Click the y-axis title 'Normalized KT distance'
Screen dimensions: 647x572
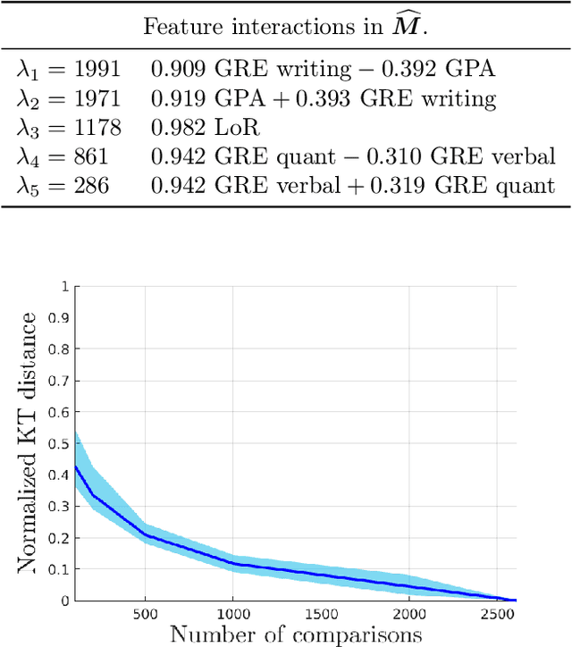(x=29, y=442)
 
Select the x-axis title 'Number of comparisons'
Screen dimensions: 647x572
(x=296, y=634)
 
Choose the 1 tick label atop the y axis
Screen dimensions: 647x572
(x=64, y=287)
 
